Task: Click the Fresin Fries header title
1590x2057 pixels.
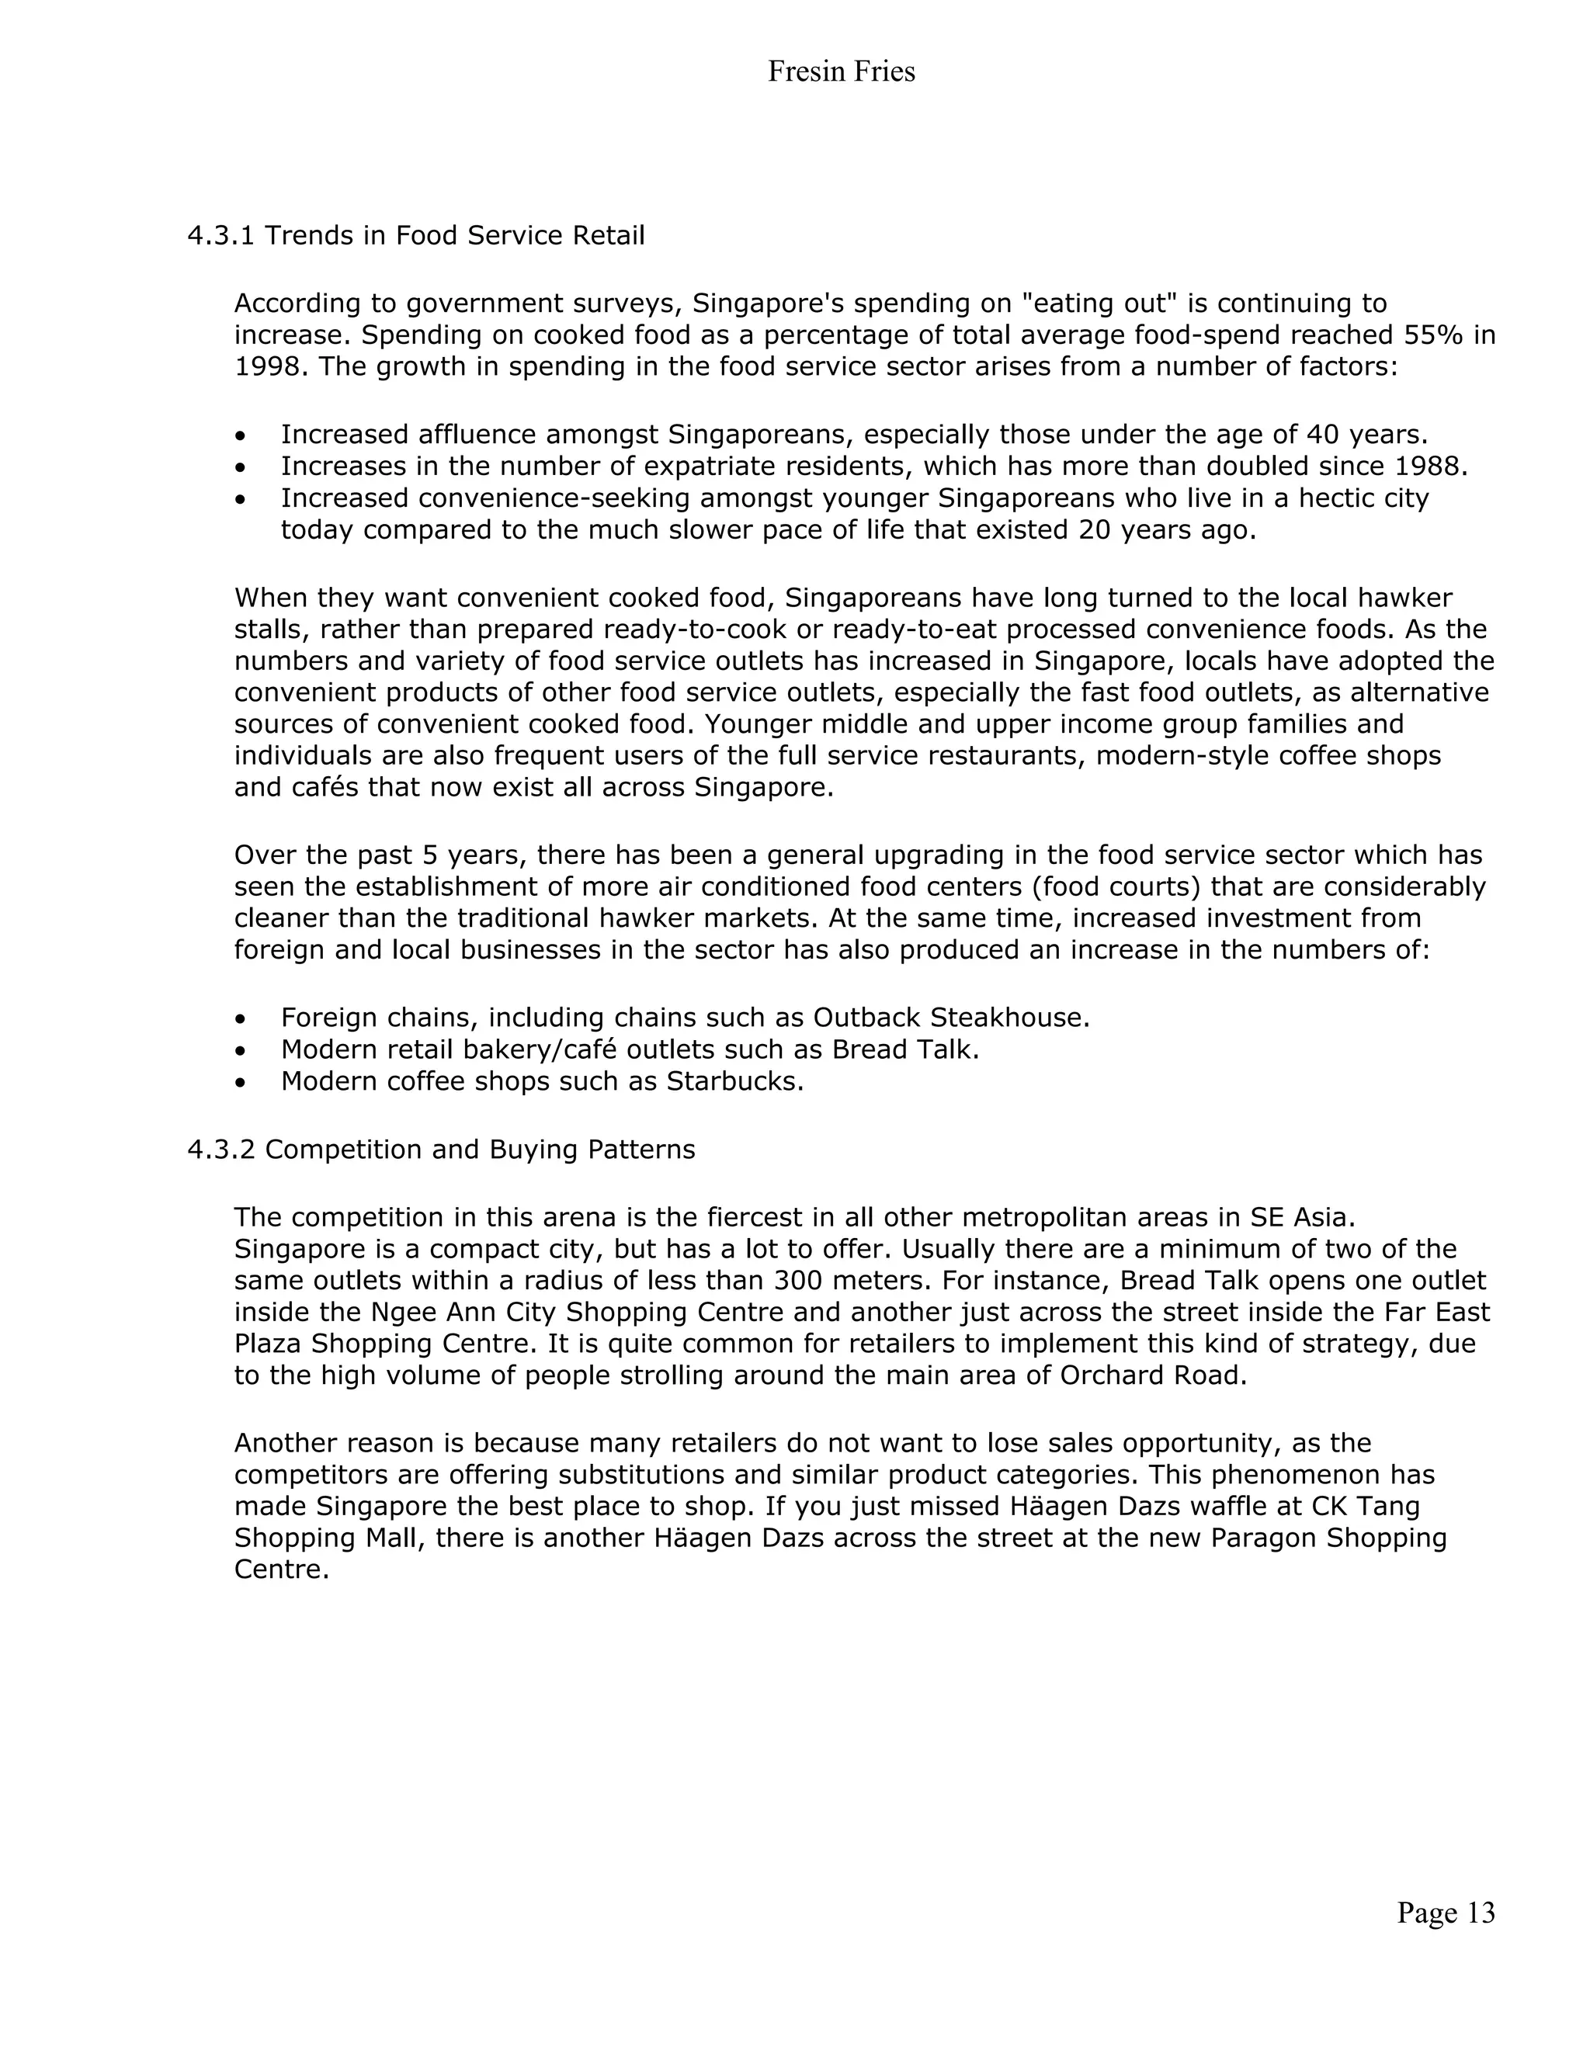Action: (840, 71)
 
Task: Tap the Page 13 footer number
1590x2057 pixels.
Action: (1445, 1912)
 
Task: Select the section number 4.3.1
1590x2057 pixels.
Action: (220, 235)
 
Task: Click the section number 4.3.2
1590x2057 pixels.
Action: (220, 1149)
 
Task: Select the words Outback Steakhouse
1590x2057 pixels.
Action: (949, 1018)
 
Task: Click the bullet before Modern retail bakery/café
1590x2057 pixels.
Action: (242, 1050)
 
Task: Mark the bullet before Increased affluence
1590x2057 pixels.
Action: (242, 436)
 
